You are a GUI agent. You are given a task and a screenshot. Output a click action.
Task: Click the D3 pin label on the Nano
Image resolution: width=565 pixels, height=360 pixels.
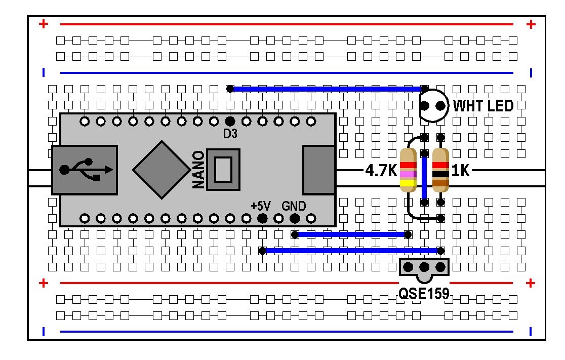click(230, 134)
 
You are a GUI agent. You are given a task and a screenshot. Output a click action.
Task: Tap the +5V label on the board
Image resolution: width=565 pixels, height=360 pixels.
click(261, 206)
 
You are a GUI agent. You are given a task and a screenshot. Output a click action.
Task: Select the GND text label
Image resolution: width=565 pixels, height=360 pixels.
click(294, 206)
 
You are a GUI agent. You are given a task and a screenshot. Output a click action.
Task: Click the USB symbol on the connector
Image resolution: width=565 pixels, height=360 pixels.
click(84, 169)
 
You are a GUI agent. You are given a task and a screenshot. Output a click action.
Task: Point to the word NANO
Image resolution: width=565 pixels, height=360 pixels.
click(199, 170)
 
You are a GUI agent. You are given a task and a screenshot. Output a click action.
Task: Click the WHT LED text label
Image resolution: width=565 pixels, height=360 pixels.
click(483, 106)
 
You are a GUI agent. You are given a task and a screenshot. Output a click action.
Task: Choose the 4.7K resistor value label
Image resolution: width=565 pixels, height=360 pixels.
click(381, 171)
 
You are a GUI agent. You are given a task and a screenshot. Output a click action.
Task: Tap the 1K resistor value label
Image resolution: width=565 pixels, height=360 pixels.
click(460, 171)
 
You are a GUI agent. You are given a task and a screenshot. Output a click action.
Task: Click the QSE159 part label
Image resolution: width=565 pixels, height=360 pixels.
click(424, 294)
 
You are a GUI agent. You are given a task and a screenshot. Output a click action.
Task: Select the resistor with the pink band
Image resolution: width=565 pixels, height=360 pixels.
click(408, 171)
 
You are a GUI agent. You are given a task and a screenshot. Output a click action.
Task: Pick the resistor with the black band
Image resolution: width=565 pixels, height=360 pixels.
click(441, 171)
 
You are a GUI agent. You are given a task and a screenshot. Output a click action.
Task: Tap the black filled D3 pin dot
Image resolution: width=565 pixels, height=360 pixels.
click(230, 121)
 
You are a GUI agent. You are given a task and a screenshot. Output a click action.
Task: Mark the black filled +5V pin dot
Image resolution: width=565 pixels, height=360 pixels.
click(262, 219)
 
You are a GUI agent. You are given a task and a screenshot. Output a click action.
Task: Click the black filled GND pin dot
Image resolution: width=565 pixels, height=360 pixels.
click(295, 219)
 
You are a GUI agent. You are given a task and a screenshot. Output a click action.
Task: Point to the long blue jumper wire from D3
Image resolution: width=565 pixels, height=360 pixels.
click(327, 89)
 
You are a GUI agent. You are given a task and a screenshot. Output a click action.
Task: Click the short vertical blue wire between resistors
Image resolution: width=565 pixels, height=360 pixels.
click(424, 171)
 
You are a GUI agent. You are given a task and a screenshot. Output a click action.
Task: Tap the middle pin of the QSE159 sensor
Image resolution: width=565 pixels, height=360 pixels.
click(424, 267)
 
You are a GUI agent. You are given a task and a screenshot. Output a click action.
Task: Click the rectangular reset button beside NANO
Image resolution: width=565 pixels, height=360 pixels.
click(223, 169)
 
